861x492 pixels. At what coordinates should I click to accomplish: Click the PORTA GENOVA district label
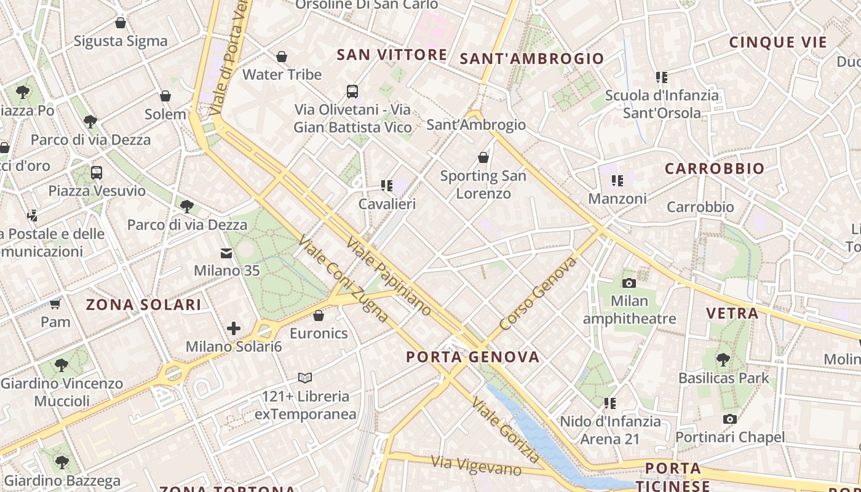click(x=472, y=357)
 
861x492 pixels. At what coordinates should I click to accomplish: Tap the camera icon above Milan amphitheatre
click(x=629, y=283)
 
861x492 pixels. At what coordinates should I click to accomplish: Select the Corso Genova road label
click(x=539, y=294)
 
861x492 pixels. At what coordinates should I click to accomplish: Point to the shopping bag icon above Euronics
click(x=319, y=316)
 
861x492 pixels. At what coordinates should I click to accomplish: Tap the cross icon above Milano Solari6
click(x=234, y=328)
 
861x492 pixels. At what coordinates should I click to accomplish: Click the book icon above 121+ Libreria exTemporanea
click(x=305, y=378)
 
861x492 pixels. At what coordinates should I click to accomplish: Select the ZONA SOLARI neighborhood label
click(x=143, y=304)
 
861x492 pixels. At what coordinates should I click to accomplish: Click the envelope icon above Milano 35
click(x=226, y=253)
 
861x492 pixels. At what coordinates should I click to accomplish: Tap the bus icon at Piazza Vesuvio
click(x=97, y=173)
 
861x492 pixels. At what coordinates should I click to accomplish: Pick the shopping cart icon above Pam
click(x=55, y=304)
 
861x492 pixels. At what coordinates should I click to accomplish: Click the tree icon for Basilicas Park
click(x=723, y=360)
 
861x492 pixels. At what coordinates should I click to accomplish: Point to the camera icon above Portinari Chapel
click(x=730, y=419)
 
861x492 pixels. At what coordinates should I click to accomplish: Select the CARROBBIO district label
click(x=715, y=169)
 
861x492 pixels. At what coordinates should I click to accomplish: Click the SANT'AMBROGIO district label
click(x=532, y=58)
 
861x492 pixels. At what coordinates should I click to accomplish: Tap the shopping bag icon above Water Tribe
click(x=282, y=57)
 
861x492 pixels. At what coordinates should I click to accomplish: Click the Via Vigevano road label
click(x=476, y=466)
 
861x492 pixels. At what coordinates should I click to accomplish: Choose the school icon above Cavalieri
click(x=386, y=185)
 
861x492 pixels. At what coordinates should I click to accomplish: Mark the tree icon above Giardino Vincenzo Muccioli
click(x=61, y=365)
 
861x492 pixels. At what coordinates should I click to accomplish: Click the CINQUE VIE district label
click(x=778, y=42)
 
